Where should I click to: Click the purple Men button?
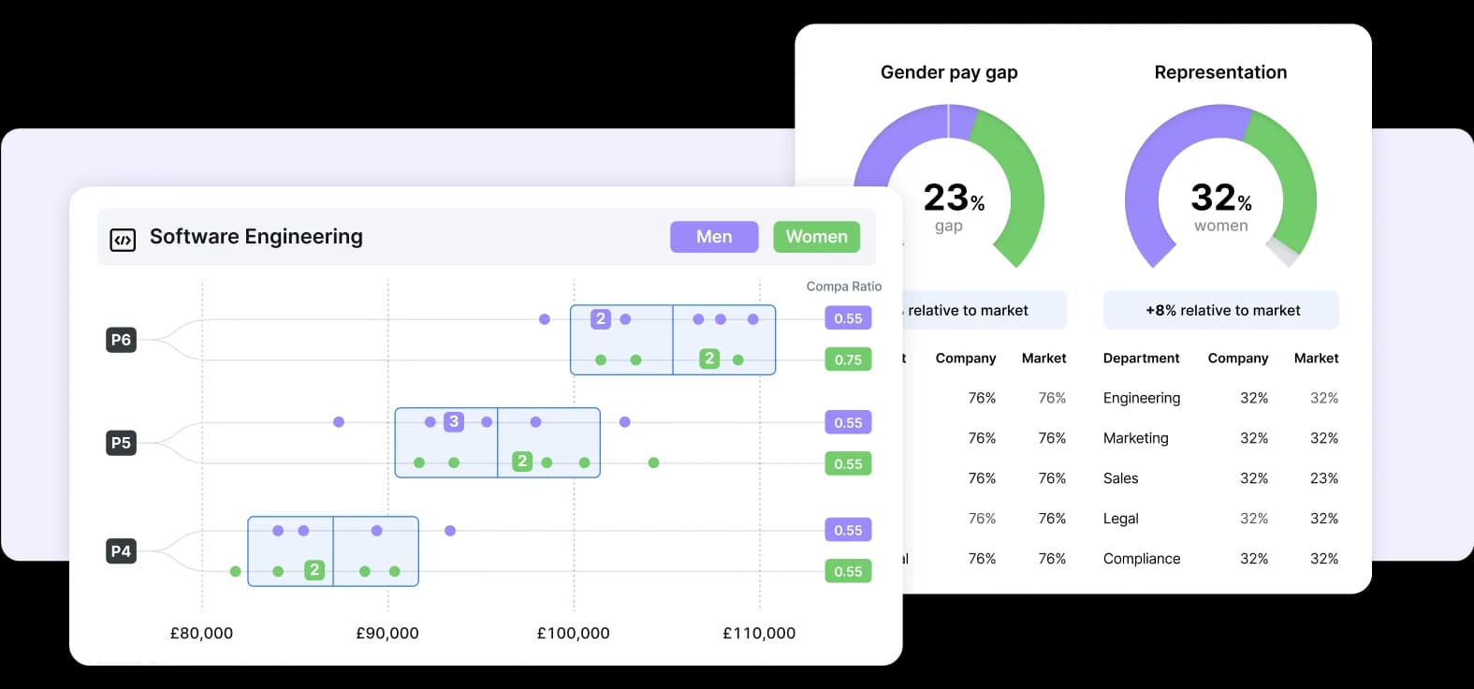[714, 237]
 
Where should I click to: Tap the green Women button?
[816, 237]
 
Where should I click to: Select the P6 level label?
[121, 340]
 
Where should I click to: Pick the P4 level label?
[121, 551]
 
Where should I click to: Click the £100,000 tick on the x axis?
[573, 634]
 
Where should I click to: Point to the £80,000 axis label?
[201, 634]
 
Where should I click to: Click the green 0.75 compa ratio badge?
[848, 359]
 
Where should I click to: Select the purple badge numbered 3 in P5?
[454, 421]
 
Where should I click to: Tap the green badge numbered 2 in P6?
[709, 359]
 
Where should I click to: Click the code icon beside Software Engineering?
[123, 240]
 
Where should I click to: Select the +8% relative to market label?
[1221, 311]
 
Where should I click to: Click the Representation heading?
[1220, 73]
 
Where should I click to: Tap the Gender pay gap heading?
[949, 73]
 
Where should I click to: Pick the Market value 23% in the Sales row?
[1323, 478]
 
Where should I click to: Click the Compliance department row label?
[1142, 559]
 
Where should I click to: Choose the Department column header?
[1141, 359]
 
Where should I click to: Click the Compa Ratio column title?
[843, 286]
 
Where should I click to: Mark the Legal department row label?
[1120, 519]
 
